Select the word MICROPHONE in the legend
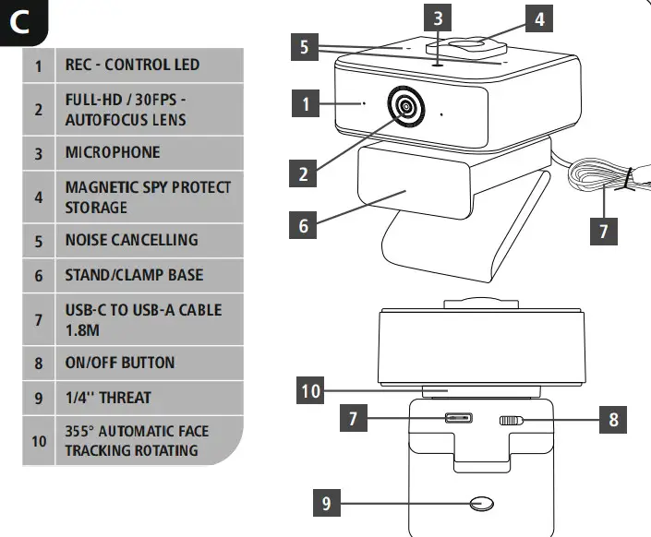tap(112, 152)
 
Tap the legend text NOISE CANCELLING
tap(131, 240)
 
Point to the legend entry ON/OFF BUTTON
tap(119, 363)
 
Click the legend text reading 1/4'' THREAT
tap(108, 398)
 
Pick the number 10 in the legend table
tap(39, 441)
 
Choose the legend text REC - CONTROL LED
tap(131, 66)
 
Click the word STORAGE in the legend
tap(96, 208)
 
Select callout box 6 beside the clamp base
tap(303, 224)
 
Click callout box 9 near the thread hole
tap(329, 504)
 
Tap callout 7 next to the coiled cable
tap(604, 230)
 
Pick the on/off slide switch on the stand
tap(511, 422)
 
